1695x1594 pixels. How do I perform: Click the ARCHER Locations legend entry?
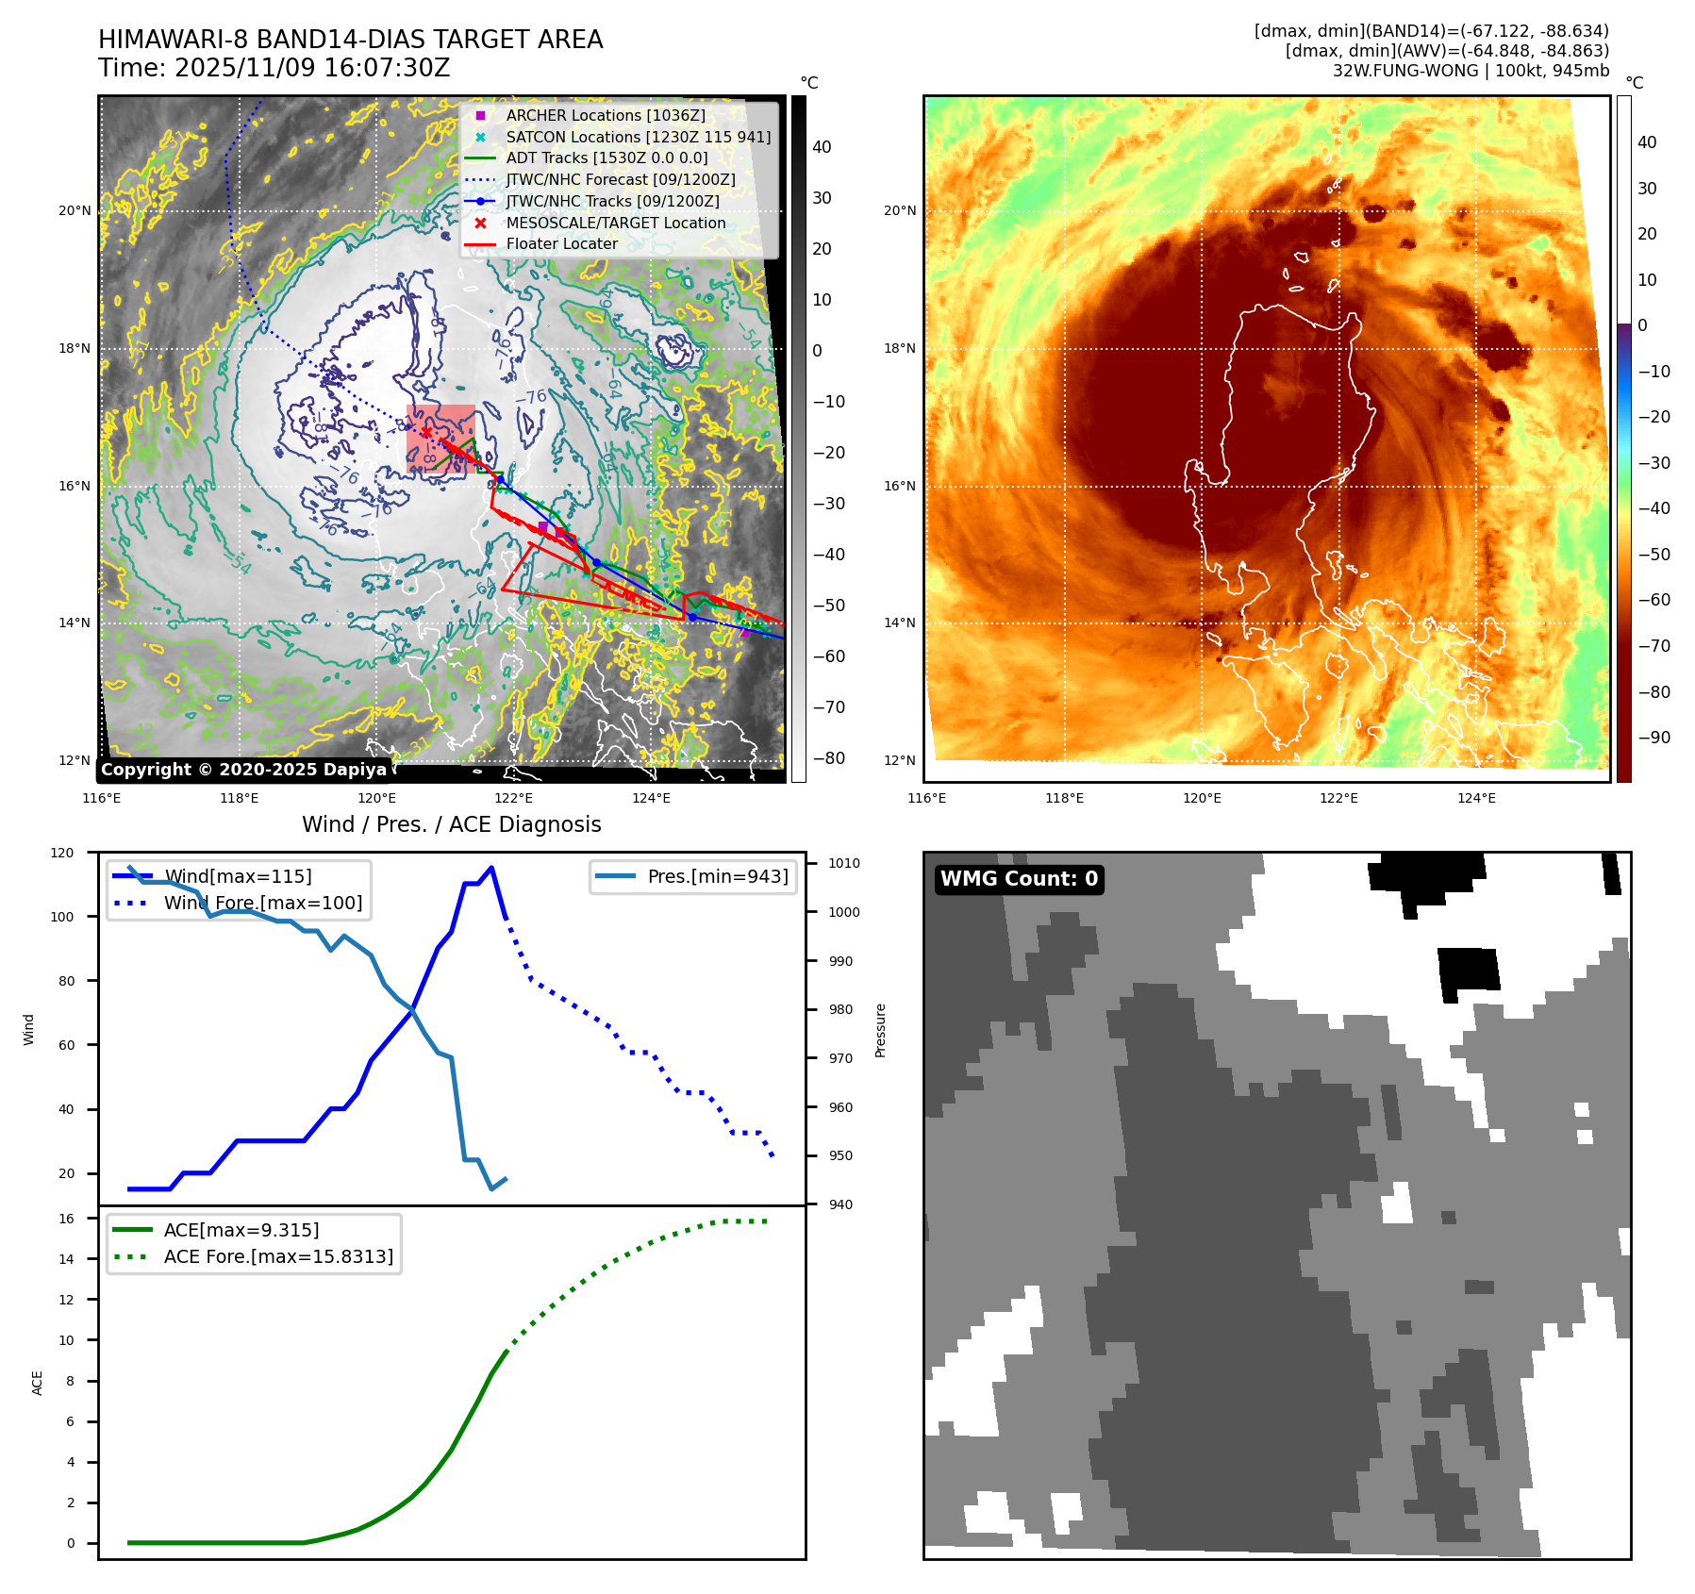605,115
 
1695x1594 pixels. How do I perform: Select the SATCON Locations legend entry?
638,137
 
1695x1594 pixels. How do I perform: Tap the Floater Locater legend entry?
561,243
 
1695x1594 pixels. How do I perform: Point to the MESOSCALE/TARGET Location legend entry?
615,223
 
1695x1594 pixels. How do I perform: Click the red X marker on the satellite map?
426,433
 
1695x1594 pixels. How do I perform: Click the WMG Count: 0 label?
1019,879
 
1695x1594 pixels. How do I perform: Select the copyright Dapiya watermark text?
243,770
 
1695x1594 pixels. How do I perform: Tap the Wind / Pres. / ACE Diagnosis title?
451,824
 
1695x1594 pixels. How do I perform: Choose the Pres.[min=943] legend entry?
717,876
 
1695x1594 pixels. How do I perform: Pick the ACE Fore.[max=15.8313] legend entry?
278,1256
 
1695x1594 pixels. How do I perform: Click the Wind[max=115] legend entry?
238,876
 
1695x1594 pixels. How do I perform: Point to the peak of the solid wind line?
491,868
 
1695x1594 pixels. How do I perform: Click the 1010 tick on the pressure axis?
844,863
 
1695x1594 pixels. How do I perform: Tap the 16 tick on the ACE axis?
67,1219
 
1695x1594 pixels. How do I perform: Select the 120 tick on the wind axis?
62,853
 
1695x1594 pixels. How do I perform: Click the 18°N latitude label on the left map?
75,348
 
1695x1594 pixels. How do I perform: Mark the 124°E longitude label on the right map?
1476,798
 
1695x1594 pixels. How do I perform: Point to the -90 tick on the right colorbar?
1653,738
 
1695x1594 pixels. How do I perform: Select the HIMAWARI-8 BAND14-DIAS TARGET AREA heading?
350,40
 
